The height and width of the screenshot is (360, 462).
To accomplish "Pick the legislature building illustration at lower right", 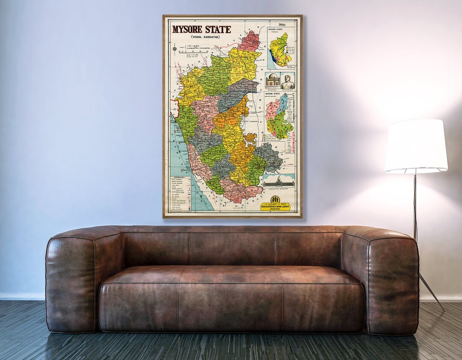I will point(280,181).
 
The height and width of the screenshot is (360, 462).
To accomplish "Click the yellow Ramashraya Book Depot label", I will point(280,207).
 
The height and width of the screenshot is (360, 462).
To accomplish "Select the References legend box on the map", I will point(180,193).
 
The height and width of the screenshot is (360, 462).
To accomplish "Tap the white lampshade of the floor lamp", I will point(416,146).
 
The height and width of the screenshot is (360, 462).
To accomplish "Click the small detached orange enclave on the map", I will point(251,138).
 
